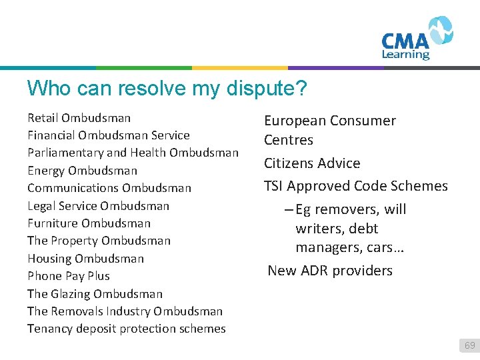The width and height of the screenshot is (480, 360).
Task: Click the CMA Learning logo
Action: click(x=417, y=39)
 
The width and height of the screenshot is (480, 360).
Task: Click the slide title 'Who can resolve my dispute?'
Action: click(x=169, y=88)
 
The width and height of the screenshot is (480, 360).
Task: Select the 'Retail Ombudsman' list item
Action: click(x=79, y=118)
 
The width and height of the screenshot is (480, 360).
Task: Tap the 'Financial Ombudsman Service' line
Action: click(x=108, y=135)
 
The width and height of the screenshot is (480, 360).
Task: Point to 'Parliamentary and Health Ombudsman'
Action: click(x=133, y=153)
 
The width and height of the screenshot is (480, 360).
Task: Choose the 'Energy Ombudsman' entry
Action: click(x=82, y=171)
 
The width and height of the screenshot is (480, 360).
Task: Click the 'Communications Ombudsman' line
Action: click(x=109, y=188)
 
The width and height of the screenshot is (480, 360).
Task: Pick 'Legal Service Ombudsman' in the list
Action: click(x=98, y=205)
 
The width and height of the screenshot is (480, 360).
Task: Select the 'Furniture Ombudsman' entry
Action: click(x=89, y=223)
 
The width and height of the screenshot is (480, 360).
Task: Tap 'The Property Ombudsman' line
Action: click(x=99, y=241)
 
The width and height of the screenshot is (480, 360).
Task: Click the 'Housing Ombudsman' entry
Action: click(x=85, y=258)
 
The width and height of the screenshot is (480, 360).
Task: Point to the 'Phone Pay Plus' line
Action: click(x=68, y=275)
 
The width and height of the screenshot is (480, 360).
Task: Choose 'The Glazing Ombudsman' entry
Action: click(x=95, y=293)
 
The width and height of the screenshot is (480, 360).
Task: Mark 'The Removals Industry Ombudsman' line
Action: click(x=125, y=311)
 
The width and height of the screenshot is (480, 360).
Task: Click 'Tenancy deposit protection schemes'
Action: click(x=126, y=328)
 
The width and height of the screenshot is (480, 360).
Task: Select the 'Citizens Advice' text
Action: click(x=311, y=163)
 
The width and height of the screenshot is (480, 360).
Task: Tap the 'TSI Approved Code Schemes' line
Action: click(x=355, y=186)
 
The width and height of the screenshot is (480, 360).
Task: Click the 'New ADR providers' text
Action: click(x=330, y=271)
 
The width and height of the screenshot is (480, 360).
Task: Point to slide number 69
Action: click(x=469, y=345)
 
